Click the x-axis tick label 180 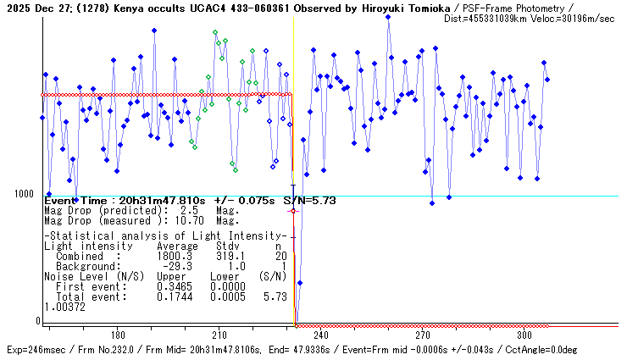118,335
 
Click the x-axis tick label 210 219,335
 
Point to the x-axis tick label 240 321,335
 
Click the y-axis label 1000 23,194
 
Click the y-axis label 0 38,321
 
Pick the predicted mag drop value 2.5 189,209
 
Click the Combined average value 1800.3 175,256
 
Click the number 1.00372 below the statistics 64,307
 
